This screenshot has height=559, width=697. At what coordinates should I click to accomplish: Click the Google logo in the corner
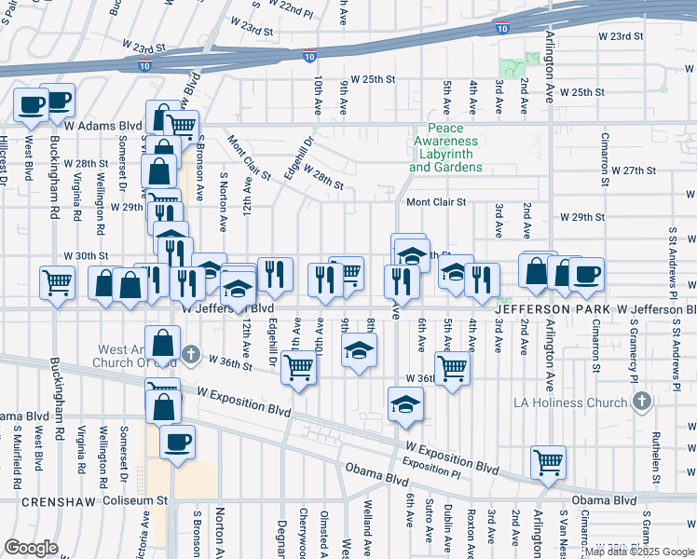(31, 547)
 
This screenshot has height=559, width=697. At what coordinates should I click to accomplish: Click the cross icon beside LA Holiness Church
(640, 402)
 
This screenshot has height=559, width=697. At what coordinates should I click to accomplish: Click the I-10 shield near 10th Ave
(308, 57)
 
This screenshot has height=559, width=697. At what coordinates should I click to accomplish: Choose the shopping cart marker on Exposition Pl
(548, 460)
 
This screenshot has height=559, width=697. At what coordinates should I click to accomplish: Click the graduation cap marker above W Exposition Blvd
(405, 403)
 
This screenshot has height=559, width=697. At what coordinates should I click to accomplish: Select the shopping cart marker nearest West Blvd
(58, 283)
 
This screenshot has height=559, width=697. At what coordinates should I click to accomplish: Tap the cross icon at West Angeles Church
(190, 354)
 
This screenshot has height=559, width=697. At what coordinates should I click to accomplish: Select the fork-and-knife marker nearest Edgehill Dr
(275, 274)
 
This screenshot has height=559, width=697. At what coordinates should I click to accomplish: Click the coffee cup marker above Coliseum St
(177, 442)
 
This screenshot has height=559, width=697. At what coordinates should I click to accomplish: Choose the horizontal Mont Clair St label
(435, 201)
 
